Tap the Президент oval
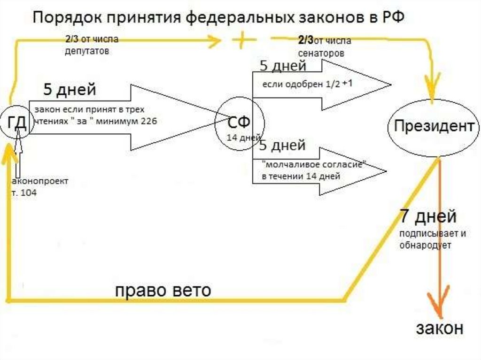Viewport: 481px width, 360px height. coord(433,126)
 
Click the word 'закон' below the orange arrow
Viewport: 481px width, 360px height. coord(439,328)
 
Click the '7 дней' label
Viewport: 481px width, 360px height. coord(427,217)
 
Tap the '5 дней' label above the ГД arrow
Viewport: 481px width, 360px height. coord(70,89)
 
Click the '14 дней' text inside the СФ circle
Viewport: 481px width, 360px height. coord(242,138)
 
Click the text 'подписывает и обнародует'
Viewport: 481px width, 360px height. coord(427,239)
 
